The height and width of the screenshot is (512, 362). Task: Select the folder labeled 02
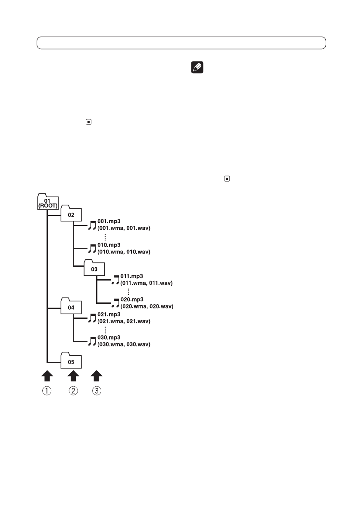coord(71,214)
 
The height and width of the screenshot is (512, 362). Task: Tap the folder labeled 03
coord(94,268)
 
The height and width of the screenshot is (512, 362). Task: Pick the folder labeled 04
coord(71,307)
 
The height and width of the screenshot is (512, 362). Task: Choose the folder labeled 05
coord(71,361)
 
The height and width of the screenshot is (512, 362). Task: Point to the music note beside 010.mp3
coord(92,248)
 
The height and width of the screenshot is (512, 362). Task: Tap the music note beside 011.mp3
coord(115,280)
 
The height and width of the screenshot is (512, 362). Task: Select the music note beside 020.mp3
coord(115,303)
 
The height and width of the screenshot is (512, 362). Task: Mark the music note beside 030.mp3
coord(92,341)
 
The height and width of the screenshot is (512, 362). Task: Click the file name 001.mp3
coord(108,221)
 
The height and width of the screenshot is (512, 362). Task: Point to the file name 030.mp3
coord(108,338)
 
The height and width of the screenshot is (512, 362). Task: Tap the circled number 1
coord(47,392)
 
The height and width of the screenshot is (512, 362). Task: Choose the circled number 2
coord(74,392)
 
